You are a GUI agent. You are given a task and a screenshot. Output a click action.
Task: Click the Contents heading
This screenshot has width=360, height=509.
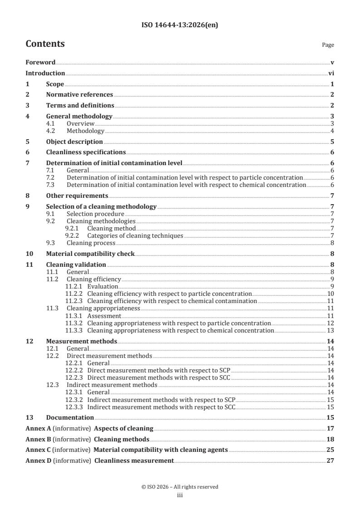point(45,44)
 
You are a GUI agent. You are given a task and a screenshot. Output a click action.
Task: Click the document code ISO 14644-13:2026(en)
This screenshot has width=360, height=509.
point(180,26)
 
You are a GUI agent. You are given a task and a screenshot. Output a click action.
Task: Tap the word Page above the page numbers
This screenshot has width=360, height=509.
point(328,45)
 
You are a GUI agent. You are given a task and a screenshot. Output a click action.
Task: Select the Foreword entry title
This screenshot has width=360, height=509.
point(40,62)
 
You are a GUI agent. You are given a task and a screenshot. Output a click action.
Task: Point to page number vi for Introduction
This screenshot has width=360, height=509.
point(331,73)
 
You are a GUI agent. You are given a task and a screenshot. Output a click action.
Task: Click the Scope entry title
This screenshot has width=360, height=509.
point(55,84)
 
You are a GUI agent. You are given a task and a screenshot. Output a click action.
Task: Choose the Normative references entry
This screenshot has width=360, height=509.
point(79,95)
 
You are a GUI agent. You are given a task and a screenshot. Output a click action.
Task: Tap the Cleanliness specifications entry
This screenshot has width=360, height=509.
point(86,152)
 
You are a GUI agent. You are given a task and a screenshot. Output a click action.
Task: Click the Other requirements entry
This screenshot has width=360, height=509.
point(77,196)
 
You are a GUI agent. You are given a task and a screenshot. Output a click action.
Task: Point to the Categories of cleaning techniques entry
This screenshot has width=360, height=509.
point(135,235)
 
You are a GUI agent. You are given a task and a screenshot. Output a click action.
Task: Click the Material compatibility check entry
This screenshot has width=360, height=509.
point(90,254)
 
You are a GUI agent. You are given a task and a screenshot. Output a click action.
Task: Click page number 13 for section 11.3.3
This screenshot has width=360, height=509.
point(331,330)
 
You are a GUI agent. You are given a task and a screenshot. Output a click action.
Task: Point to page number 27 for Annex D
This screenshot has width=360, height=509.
point(330,461)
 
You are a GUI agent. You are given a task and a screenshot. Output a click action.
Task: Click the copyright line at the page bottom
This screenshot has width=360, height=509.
point(180,487)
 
